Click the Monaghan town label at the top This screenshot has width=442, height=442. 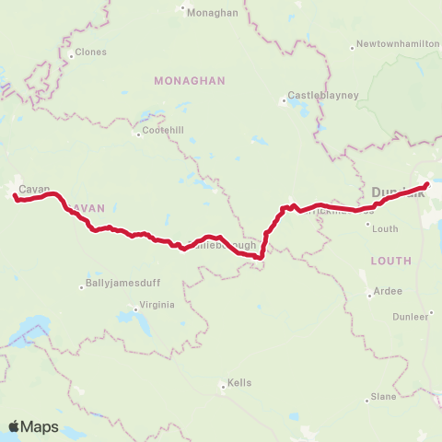pyautogui.click(x=213, y=12)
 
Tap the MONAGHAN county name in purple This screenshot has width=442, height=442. pyautogui.click(x=190, y=81)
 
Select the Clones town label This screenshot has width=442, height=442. pyautogui.click(x=91, y=53)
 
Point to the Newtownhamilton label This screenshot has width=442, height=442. pyautogui.click(x=393, y=43)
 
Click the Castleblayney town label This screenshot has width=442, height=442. pyautogui.click(x=316, y=95)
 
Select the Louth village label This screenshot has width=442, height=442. pyautogui.click(x=386, y=228)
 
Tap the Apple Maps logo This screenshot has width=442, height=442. pyautogui.click(x=33, y=426)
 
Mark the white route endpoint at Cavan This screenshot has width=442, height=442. pyautogui.click(x=16, y=195)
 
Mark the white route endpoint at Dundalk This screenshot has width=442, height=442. pyautogui.click(x=426, y=186)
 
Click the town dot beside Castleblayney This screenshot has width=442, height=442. pyautogui.click(x=282, y=101)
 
